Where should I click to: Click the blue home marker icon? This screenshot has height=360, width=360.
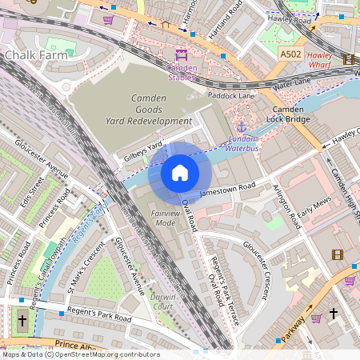tap(180, 173)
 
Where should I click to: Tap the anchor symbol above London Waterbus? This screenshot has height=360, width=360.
tap(241, 126)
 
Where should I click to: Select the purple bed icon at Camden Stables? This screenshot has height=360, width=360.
tap(182, 55)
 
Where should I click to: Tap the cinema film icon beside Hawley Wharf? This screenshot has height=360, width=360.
tap(349, 58)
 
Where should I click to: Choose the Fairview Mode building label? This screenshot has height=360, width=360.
tap(164, 218)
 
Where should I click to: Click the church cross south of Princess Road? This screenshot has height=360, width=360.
tap(22, 321)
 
